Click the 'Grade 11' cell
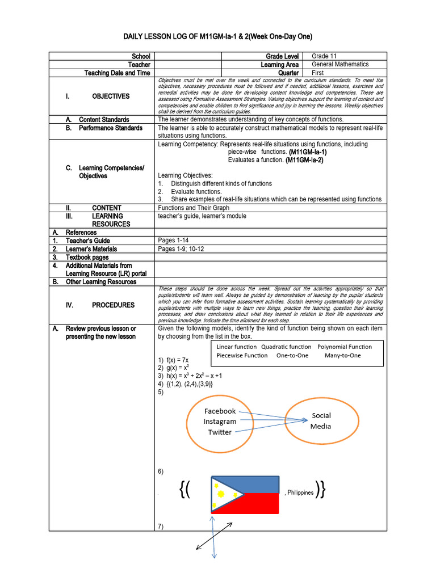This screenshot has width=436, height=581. (x=325, y=56)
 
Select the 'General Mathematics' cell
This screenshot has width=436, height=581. (x=340, y=65)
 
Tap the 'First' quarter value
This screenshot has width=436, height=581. (x=319, y=73)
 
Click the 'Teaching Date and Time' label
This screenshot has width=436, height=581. (x=117, y=73)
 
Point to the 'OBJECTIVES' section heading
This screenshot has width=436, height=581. (x=111, y=96)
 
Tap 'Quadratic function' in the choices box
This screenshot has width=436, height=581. (x=286, y=347)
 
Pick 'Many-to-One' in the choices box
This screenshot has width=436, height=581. (x=343, y=356)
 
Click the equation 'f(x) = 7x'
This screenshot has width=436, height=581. (x=177, y=360)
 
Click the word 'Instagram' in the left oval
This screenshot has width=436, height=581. (x=220, y=422)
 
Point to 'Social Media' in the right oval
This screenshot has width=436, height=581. (x=321, y=421)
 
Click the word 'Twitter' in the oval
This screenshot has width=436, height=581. (x=220, y=432)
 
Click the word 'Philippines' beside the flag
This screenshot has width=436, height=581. (x=300, y=492)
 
